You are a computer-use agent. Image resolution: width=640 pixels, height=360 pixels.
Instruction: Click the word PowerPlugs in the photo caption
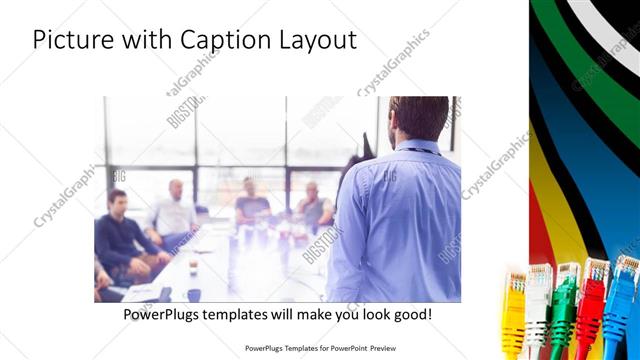tap(166, 314)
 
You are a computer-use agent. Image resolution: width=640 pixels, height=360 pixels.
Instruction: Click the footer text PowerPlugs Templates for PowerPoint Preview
tap(320, 348)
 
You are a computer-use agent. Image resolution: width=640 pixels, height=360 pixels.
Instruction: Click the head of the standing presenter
tap(418, 117)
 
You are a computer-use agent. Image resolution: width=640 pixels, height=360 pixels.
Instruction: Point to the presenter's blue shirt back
tap(400, 220)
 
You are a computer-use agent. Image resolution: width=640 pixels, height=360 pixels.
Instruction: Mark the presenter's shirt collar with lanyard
tap(420, 147)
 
